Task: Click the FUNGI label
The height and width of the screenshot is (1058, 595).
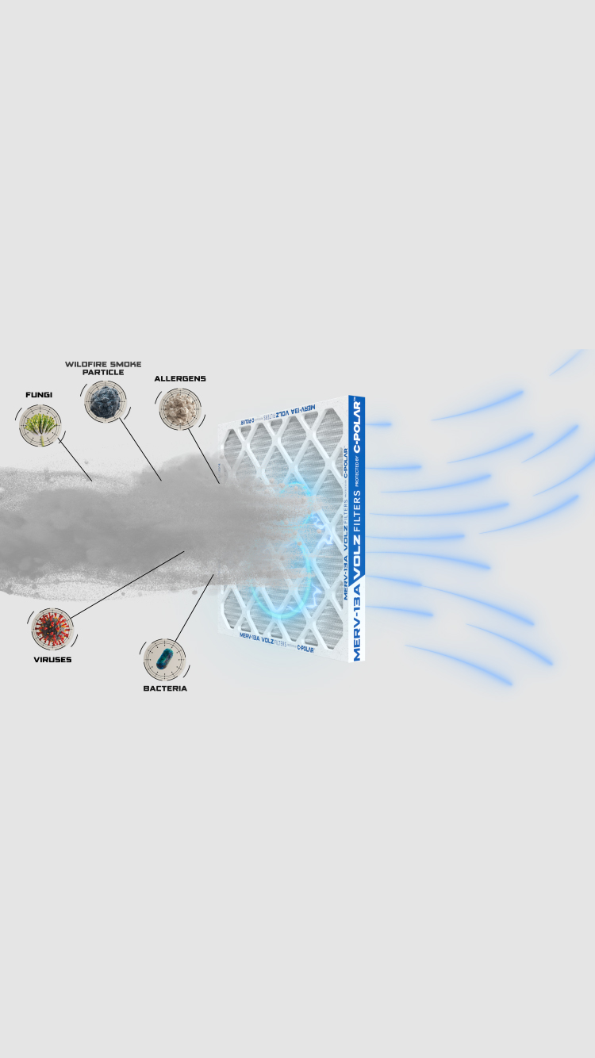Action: (38, 394)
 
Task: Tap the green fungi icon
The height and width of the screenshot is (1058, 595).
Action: (40, 425)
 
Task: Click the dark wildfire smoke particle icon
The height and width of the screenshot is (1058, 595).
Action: (105, 401)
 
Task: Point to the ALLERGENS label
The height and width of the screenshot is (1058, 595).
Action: (180, 378)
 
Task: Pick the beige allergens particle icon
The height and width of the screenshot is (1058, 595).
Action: (179, 408)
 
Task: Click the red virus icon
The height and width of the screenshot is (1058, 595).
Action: (52, 629)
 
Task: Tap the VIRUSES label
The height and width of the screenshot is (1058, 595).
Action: (52, 660)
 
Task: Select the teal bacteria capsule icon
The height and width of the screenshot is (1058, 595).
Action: (164, 659)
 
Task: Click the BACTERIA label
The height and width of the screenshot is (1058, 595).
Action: (165, 688)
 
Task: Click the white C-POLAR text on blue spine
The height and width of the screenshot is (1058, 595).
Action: (356, 425)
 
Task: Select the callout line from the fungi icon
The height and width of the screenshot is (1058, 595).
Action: (75, 458)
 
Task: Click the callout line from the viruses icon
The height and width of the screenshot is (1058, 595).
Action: (127, 584)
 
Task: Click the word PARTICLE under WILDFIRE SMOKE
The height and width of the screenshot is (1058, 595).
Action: (103, 372)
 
